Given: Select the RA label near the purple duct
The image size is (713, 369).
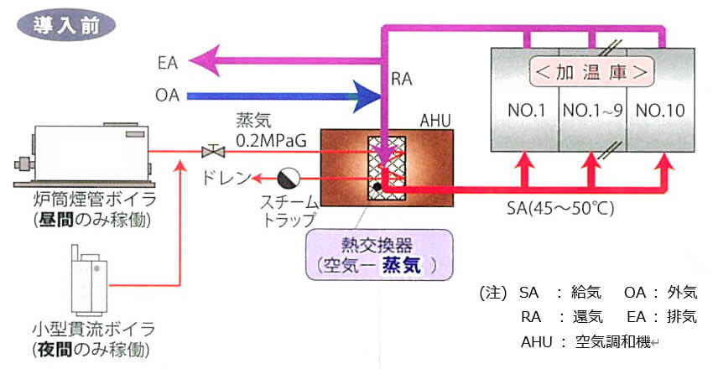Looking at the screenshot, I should [x=402, y=80].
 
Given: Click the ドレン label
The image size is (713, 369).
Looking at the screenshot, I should [x=227, y=179].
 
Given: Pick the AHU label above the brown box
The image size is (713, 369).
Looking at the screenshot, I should [x=435, y=122].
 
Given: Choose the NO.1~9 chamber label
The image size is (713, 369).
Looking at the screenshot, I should [x=592, y=110].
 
